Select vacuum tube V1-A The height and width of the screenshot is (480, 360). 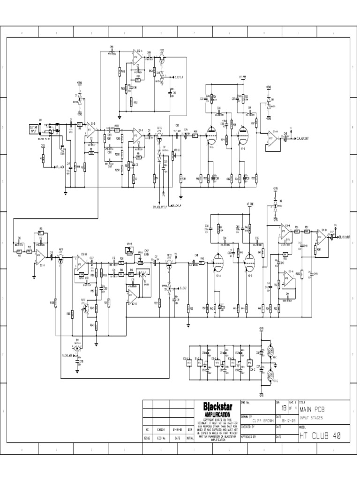[210, 135]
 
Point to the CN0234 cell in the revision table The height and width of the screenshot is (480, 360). [160, 429]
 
